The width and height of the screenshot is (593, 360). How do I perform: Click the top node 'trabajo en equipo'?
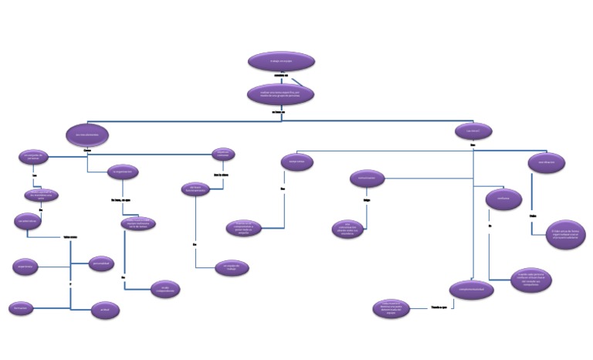(281, 62)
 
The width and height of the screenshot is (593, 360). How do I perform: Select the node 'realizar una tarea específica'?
(281, 93)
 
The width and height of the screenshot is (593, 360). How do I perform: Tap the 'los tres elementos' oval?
(86, 134)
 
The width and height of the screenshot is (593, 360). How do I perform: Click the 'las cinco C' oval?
(473, 131)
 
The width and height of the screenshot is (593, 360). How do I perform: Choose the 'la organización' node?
(124, 173)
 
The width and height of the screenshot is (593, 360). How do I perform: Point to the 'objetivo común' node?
(223, 155)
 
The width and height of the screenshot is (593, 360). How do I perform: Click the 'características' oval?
(28, 220)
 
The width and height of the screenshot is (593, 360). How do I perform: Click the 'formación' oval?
(22, 308)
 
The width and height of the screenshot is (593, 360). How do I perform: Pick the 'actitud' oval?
(105, 310)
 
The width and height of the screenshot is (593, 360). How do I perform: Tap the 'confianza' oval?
(503, 199)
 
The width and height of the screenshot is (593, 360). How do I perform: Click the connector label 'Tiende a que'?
(441, 308)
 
